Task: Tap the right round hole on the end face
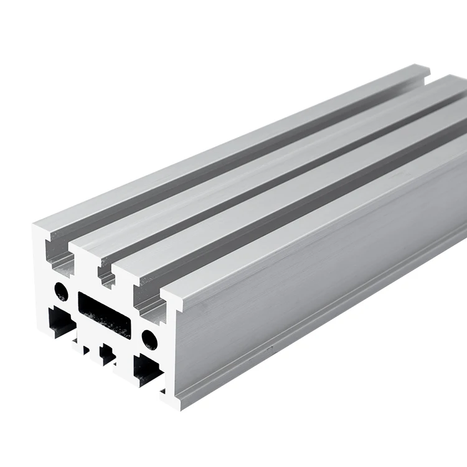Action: (x=149, y=338)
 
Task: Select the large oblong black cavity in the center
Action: (x=103, y=314)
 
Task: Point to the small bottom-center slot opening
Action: (x=106, y=354)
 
